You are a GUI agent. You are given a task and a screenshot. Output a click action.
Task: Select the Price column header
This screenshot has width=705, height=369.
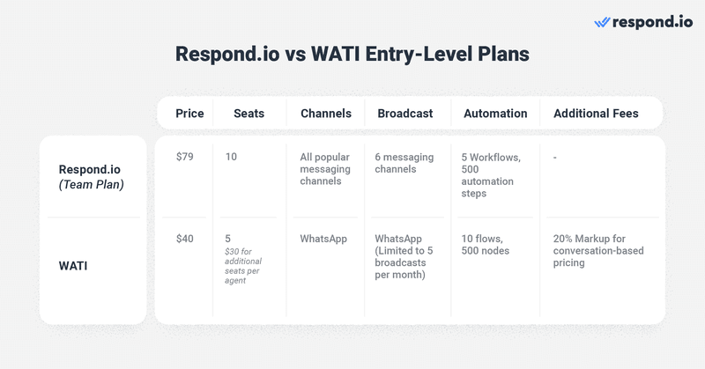[x=189, y=113]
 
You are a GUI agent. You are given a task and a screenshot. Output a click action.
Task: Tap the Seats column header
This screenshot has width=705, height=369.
[x=249, y=113]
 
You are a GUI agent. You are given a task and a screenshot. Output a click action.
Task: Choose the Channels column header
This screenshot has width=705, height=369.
[x=325, y=113]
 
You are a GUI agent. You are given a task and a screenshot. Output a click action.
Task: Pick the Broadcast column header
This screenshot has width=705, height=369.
[x=404, y=113]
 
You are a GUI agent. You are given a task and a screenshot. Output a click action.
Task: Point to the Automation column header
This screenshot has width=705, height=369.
[x=494, y=113]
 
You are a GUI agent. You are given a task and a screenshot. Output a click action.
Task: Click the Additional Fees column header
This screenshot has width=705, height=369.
[x=596, y=113]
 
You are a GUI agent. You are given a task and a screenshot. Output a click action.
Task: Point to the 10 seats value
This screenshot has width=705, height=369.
[x=231, y=157]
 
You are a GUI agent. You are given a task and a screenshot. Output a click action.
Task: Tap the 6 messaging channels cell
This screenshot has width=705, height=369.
[x=404, y=163]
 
